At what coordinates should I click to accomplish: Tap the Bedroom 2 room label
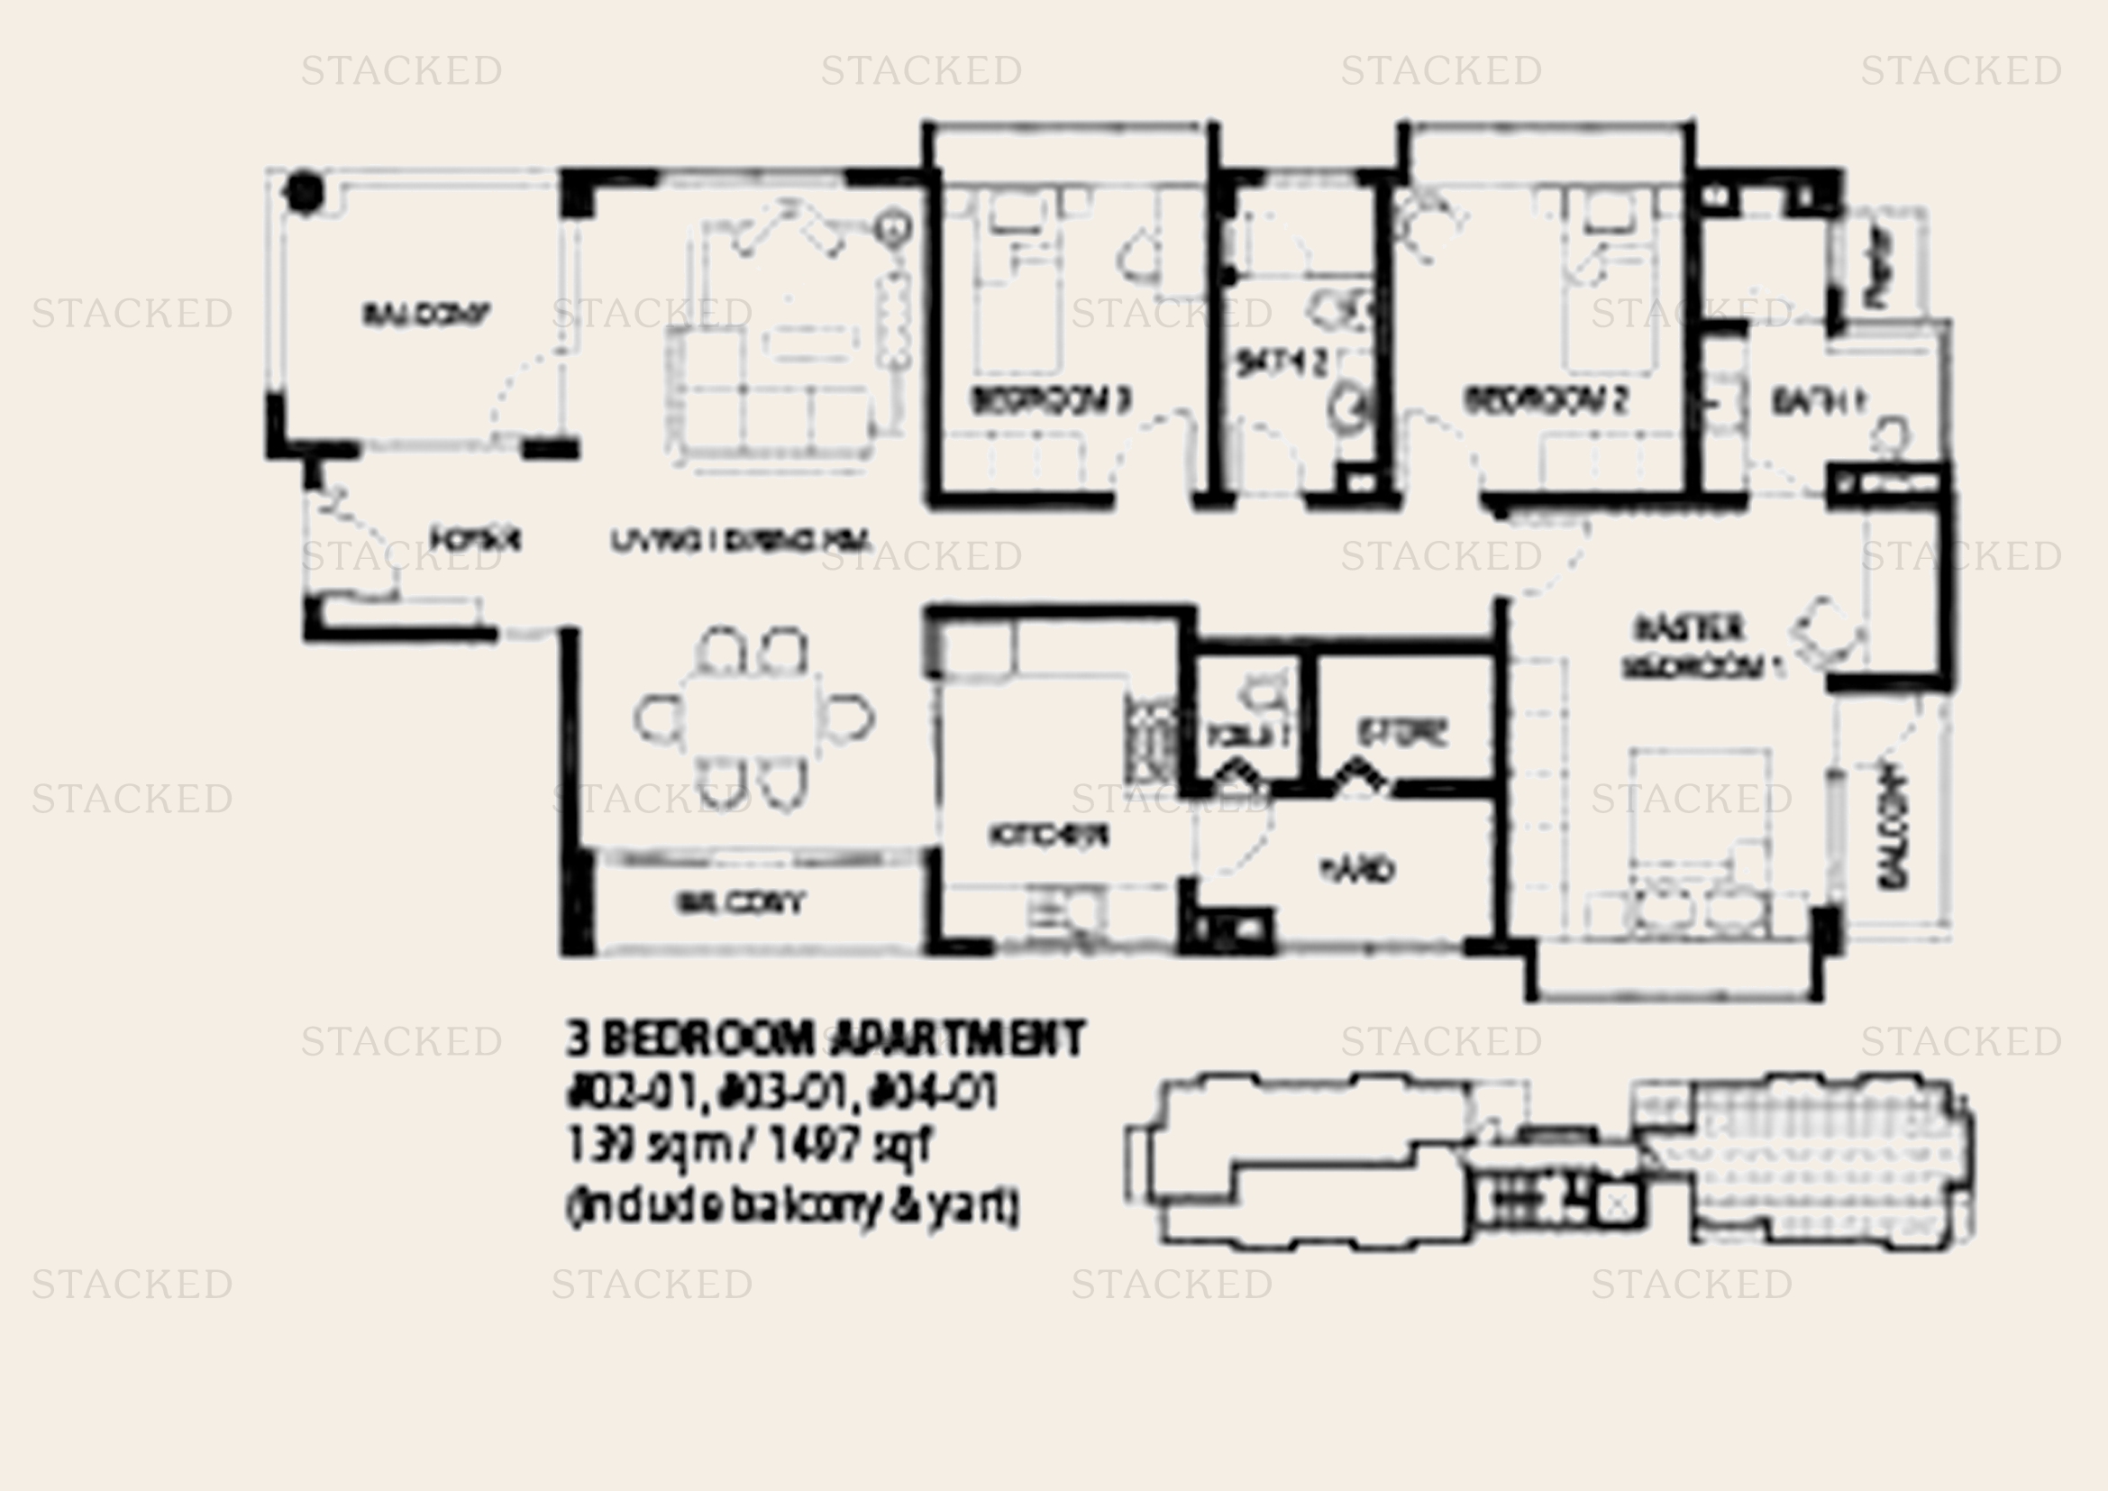[1547, 400]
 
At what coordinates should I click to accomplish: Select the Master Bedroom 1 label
[1702, 648]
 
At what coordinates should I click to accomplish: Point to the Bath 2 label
[1282, 363]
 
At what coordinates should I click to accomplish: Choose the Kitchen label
[1049, 835]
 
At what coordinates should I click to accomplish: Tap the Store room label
[1402, 732]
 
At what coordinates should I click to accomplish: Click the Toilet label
[1248, 735]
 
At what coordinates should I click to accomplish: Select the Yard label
[1357, 868]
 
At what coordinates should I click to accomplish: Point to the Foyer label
[476, 539]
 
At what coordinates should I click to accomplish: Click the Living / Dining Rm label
[740, 541]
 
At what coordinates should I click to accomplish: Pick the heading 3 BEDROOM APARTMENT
[825, 1039]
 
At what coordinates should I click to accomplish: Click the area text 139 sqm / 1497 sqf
[748, 1146]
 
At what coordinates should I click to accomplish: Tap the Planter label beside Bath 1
[1879, 266]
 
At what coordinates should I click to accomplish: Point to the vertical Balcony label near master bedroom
[1894, 828]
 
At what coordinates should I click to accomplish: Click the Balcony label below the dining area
[740, 903]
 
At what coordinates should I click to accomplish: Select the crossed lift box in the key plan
[1619, 1204]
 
